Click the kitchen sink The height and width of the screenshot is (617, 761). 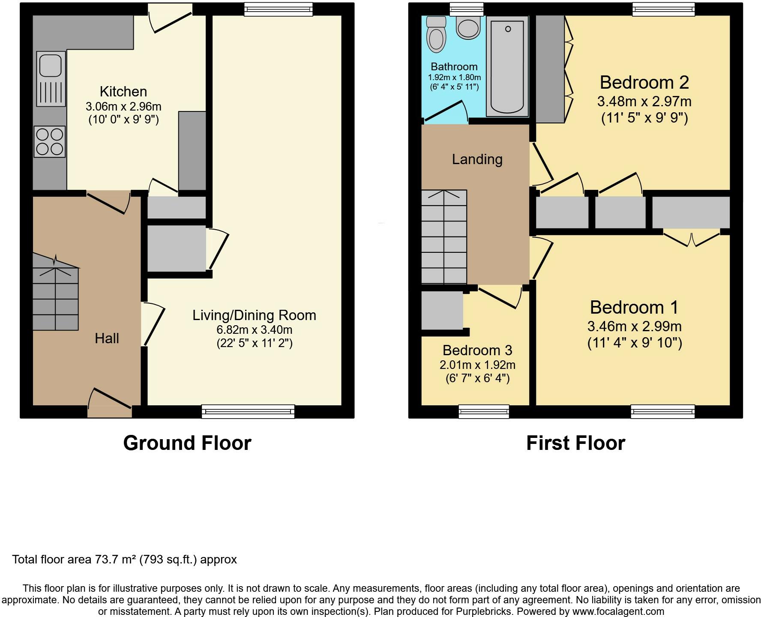coord(51,78)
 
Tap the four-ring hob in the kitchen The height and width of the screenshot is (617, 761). coord(50,141)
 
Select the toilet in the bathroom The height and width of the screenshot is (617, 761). coord(437,34)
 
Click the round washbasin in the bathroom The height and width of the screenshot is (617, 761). coord(468,27)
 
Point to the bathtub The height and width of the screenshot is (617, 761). coord(507,66)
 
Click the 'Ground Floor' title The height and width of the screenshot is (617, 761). coord(187,443)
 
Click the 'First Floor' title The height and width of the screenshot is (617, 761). coord(575,443)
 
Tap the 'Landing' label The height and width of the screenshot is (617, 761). coord(477,159)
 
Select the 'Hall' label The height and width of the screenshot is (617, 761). coord(107,338)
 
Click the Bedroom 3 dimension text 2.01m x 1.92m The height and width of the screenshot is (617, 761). coord(477,365)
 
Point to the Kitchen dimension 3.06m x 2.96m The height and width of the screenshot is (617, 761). coord(123,106)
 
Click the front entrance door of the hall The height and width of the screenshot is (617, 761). coord(110,403)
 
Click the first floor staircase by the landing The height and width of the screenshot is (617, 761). coord(444,237)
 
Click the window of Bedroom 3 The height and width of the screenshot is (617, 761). coord(484,411)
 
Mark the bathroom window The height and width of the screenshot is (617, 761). coord(466,9)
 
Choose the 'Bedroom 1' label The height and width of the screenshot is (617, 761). coord(634,308)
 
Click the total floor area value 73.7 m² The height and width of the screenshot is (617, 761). coord(113,560)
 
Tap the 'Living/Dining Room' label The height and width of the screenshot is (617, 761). coord(254,315)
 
